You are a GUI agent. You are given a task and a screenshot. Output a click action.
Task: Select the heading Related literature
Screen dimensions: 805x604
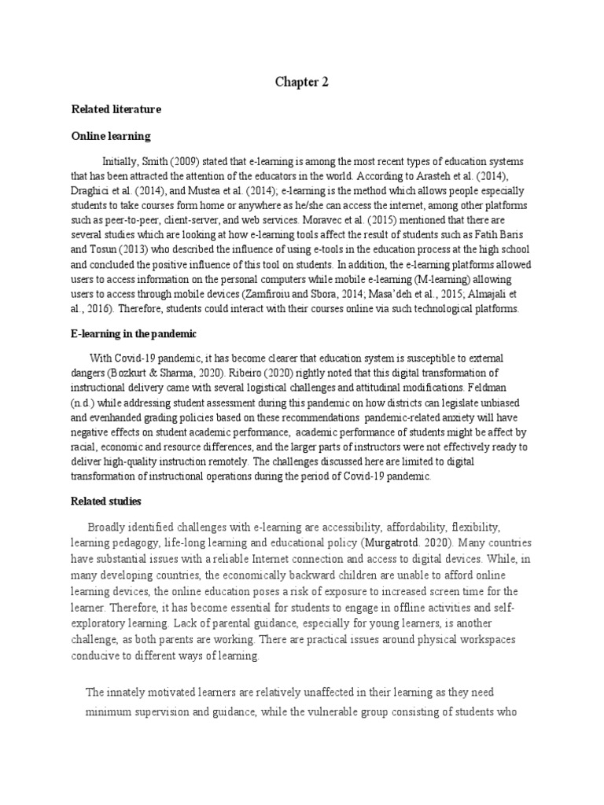[x=116, y=109]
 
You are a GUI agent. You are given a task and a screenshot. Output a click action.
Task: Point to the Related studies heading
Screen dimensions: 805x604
[x=107, y=501]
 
